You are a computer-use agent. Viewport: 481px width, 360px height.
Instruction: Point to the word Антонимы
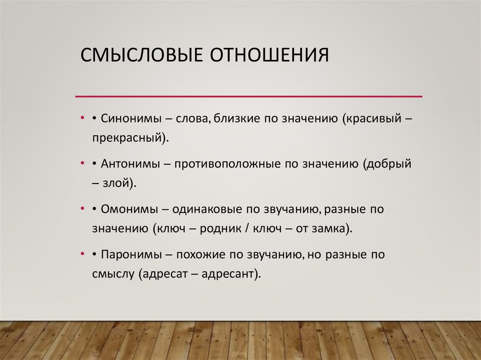point(128,164)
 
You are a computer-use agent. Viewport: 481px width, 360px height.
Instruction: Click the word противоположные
point(227,164)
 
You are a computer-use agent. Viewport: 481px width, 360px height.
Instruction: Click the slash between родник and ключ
point(246,229)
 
